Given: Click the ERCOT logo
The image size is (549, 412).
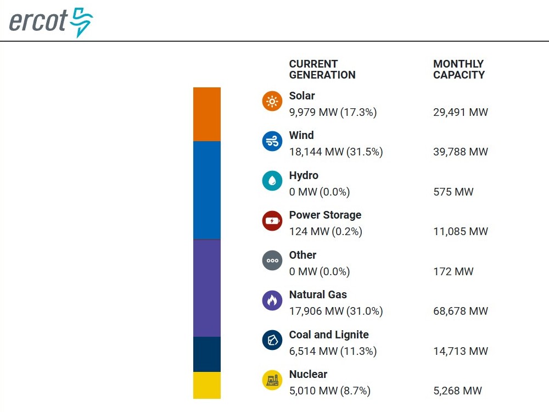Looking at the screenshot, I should (51, 22).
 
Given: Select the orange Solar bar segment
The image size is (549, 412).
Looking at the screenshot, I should (206, 114).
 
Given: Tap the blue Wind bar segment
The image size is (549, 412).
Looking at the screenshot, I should (206, 190).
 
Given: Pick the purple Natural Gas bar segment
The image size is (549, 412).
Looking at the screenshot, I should (206, 288).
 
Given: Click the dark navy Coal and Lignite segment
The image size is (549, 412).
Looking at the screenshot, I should (206, 354).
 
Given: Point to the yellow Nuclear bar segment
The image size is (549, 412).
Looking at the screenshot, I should (206, 385).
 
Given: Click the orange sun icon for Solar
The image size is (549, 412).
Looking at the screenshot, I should (272, 102).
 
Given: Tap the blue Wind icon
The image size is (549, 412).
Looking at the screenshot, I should (272, 141).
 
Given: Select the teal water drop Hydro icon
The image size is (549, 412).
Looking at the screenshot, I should (272, 181).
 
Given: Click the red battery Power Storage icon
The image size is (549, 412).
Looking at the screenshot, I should (272, 221).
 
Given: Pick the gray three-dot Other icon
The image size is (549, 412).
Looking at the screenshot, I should (272, 260).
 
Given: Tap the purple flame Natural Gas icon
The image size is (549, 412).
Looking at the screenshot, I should (272, 300).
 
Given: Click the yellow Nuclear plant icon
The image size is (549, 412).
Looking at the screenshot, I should (272, 380).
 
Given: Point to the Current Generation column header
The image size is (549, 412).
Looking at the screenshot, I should (322, 69).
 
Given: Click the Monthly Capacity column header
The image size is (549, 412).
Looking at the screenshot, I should (459, 69).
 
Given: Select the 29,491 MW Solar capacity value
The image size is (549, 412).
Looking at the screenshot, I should (460, 113).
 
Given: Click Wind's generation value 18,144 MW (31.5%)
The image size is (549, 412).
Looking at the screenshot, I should (336, 152).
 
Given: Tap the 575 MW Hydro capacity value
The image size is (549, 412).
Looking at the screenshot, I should (453, 192).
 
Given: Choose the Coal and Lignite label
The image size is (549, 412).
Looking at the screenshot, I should (329, 335).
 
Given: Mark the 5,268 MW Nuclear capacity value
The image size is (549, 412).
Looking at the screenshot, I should (457, 391).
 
